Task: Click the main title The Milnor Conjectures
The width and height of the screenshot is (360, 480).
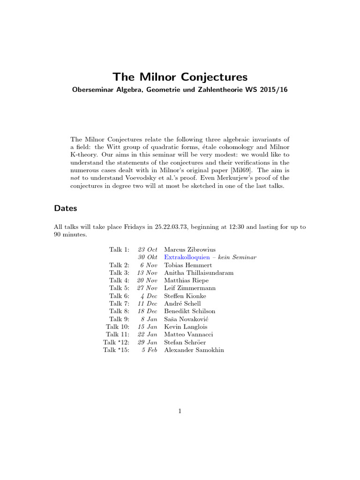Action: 180,76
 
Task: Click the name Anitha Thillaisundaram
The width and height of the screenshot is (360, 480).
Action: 199,273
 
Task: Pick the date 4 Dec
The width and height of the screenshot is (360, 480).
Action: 149,296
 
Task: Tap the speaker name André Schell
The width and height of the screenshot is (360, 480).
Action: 183,304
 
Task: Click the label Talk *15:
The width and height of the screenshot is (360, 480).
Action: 116,350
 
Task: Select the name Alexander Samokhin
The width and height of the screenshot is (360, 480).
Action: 194,350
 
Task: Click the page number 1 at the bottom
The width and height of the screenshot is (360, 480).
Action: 180,411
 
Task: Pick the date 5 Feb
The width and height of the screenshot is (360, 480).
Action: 149,350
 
